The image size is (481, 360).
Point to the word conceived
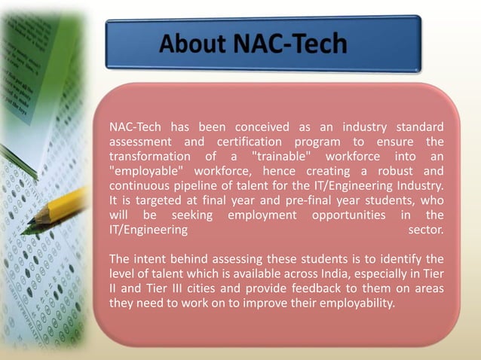tap(262, 126)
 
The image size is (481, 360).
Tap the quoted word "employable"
tap(146, 171)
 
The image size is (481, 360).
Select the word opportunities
tap(344, 215)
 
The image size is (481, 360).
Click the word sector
tap(425, 230)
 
